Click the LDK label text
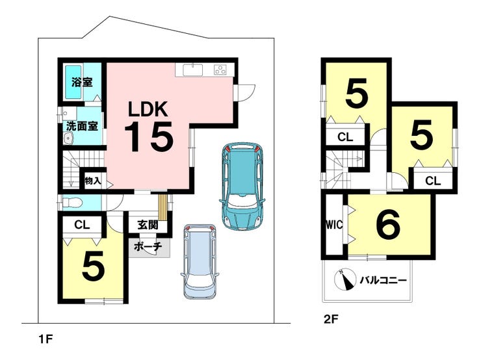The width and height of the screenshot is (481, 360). click(x=148, y=109)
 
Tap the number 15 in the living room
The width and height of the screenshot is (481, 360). click(x=149, y=136)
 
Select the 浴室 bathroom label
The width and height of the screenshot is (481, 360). click(x=82, y=82)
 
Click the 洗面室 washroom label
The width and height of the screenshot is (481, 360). click(x=82, y=126)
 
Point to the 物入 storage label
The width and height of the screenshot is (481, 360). click(x=93, y=181)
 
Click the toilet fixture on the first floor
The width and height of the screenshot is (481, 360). click(x=72, y=202)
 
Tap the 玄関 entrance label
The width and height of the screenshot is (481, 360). click(x=148, y=225)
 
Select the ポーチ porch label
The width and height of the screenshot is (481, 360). click(x=148, y=246)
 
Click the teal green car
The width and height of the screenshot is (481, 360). click(x=242, y=185)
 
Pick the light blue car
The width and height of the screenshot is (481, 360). click(x=200, y=261)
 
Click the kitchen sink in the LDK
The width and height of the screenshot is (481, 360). click(x=193, y=70)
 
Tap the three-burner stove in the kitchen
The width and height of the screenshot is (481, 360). click(x=220, y=70)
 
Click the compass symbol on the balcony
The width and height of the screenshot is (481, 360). click(x=345, y=279)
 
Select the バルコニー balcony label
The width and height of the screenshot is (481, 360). click(x=383, y=280)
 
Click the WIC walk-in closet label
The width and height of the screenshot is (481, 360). click(x=334, y=225)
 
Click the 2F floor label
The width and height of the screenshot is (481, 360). click(x=331, y=319)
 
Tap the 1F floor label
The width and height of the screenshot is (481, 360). click(x=45, y=339)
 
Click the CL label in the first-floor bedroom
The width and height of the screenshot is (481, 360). click(x=82, y=225)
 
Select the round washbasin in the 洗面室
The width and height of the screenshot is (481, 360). click(x=68, y=138)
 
